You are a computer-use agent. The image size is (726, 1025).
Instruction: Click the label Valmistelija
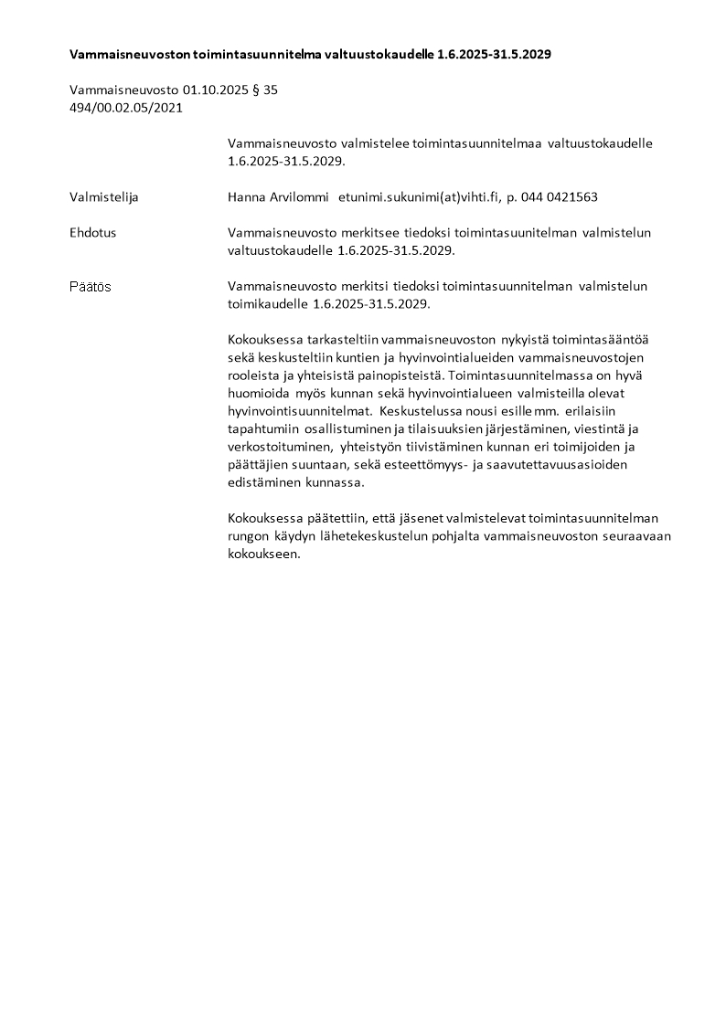click(104, 196)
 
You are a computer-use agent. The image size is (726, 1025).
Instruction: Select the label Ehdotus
click(93, 233)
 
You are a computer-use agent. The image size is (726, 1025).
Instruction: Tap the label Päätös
click(91, 286)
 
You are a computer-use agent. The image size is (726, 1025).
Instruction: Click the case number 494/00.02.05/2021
click(126, 108)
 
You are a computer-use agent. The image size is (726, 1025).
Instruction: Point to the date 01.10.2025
click(214, 91)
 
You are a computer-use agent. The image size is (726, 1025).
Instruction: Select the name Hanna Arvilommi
click(278, 196)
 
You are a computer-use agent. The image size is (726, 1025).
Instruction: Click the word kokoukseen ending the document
click(263, 555)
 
